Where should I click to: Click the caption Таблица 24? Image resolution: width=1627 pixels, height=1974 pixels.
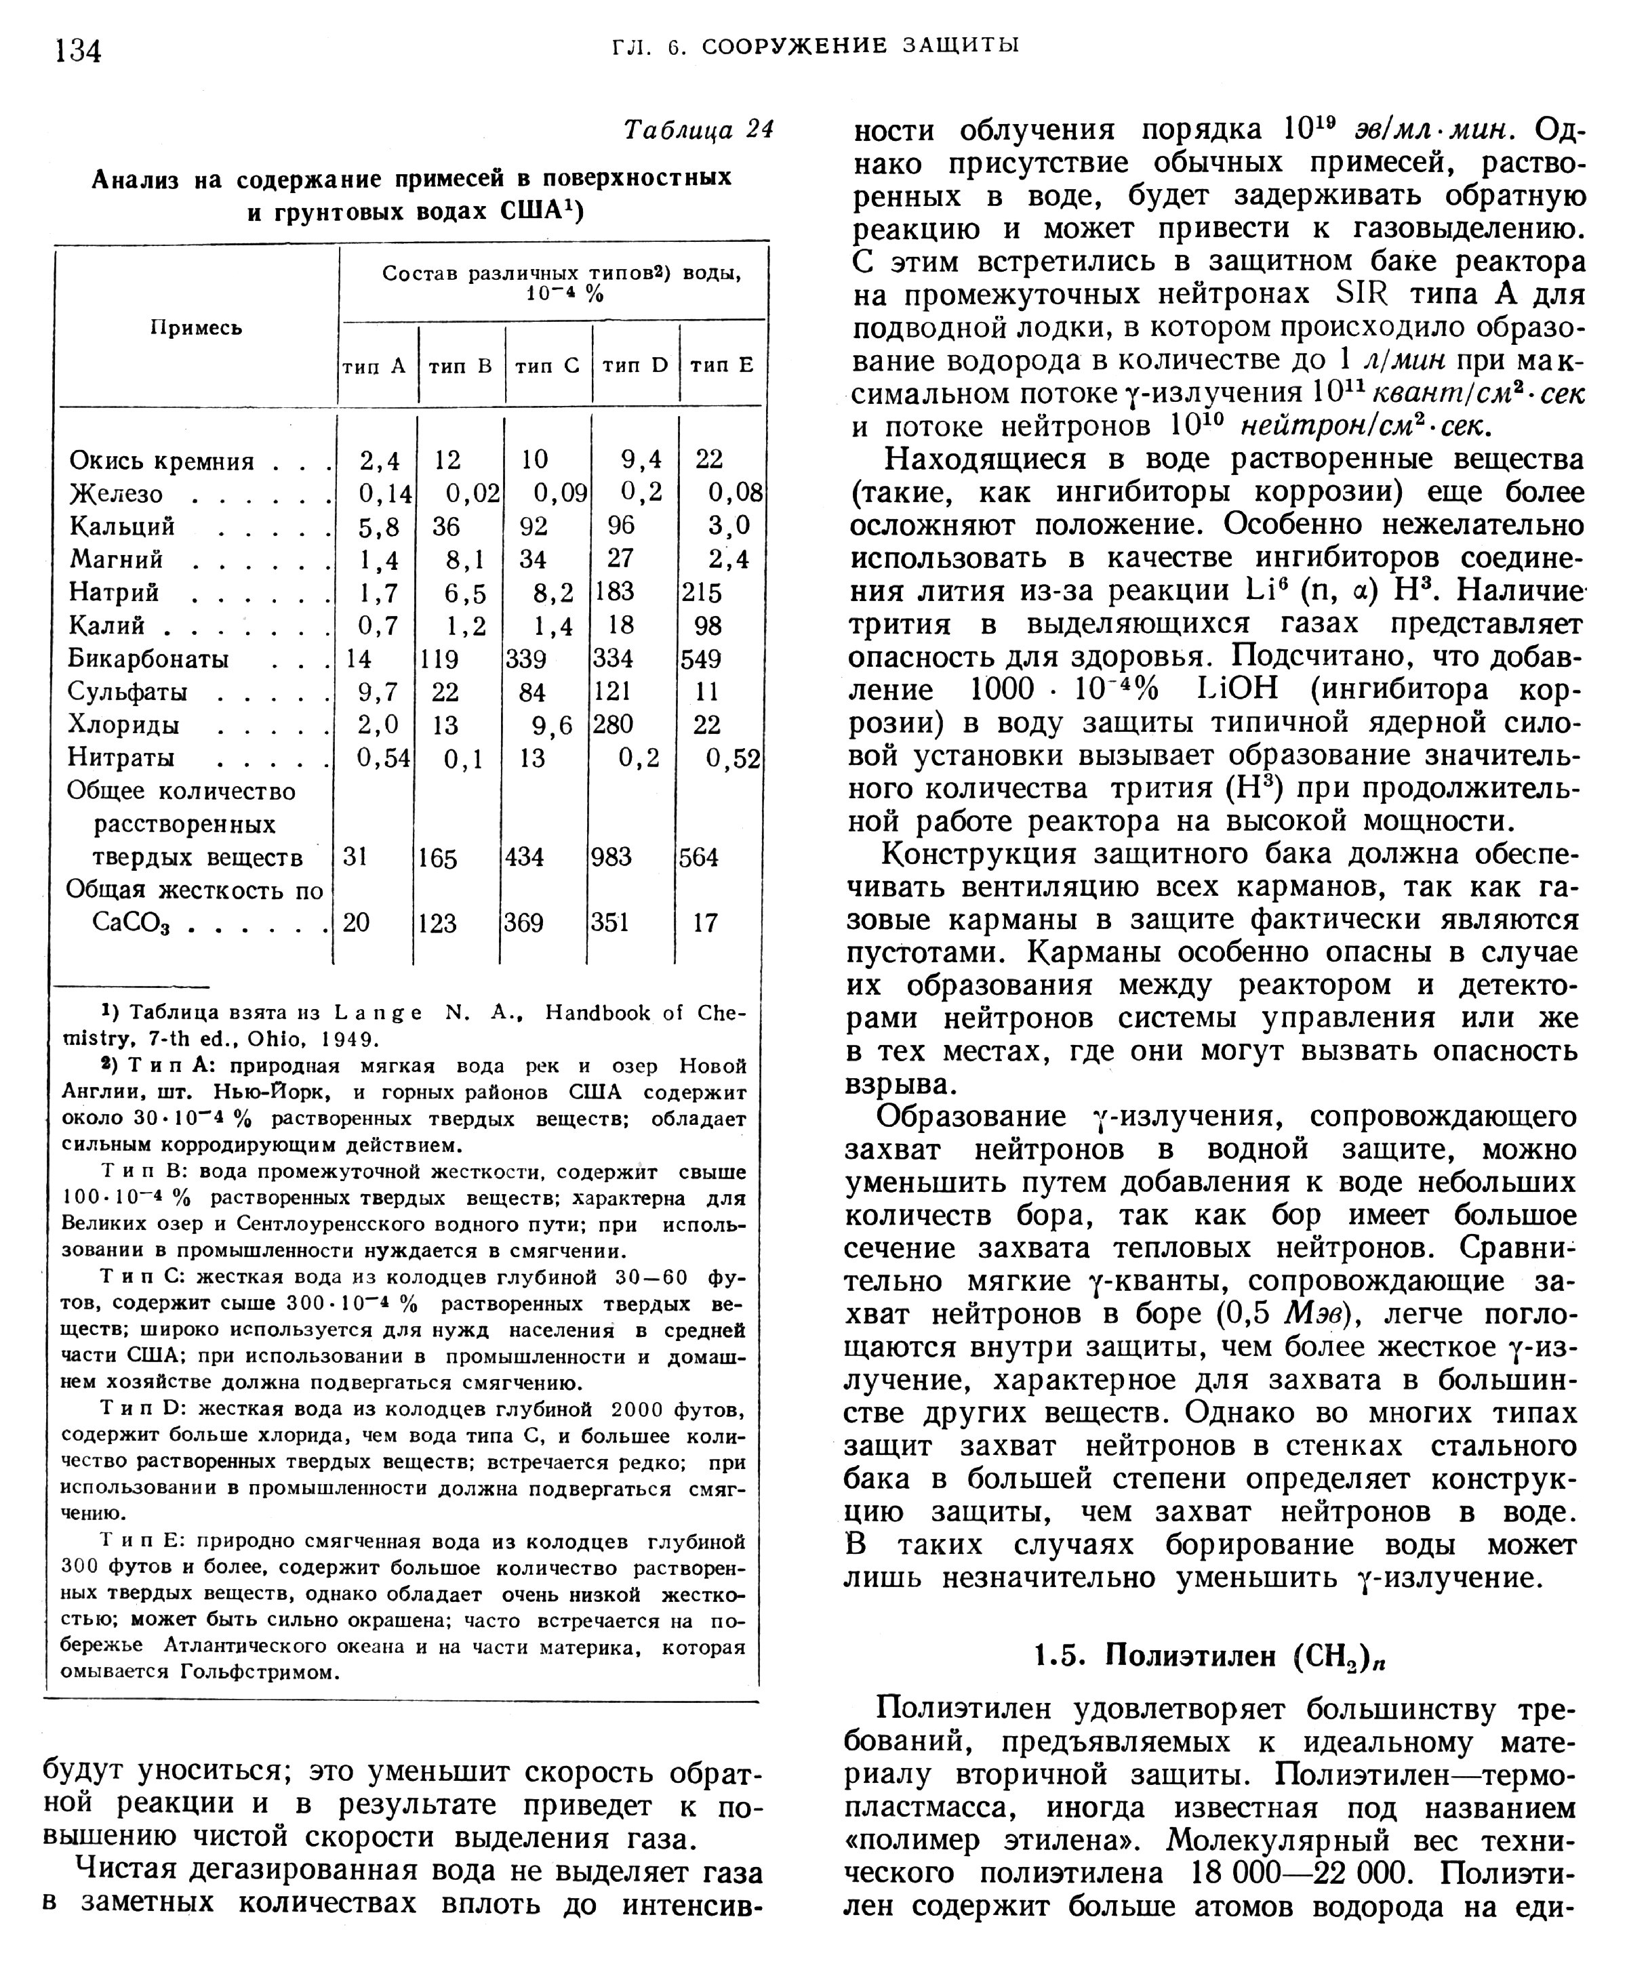(698, 130)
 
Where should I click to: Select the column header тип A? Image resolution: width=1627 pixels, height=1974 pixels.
(375, 365)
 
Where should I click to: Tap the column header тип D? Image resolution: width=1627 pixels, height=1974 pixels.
(635, 365)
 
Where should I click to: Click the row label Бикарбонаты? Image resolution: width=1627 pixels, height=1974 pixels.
(148, 659)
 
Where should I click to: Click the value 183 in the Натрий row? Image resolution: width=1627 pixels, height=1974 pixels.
(614, 592)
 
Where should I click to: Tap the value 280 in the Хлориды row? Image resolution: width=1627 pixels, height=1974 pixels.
(614, 724)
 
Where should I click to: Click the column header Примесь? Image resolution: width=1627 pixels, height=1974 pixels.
(197, 327)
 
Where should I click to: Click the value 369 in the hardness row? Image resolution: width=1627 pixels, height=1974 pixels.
(524, 924)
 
